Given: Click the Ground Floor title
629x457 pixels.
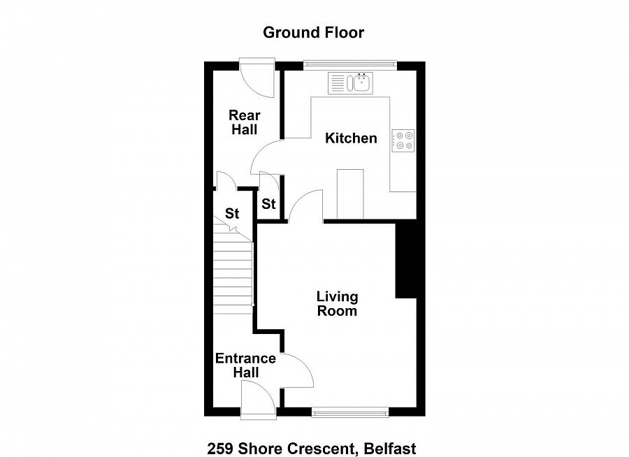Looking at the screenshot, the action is [x=313, y=33].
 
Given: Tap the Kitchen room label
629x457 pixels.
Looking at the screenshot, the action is [x=351, y=138].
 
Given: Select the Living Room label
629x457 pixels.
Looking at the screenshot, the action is [x=337, y=304].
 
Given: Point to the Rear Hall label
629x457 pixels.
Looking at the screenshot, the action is [x=245, y=122].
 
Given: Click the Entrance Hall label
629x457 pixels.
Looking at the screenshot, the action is [x=245, y=365].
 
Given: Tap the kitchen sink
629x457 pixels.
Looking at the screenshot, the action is [x=351, y=83].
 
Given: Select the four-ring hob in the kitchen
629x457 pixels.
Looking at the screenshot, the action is [x=403, y=141].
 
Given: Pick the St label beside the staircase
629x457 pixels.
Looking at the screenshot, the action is [x=232, y=213].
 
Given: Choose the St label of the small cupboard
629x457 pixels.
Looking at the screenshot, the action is [x=268, y=204].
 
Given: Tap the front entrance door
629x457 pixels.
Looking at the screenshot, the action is [x=259, y=399].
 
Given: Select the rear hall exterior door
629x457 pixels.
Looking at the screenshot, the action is [x=257, y=78].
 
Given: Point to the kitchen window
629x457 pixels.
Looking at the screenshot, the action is [x=350, y=64].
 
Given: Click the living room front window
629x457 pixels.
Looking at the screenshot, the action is [x=350, y=412].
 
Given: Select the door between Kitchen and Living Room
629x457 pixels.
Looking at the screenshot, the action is [x=306, y=205].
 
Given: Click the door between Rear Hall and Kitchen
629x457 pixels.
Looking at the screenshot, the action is [x=267, y=157].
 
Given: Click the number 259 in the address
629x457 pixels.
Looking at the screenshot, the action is [x=220, y=448].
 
